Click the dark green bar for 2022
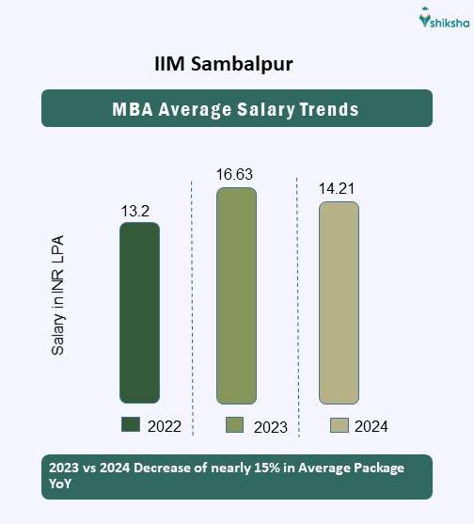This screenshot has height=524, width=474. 139,313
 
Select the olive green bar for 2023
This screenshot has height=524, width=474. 236,296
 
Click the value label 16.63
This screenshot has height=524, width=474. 234,174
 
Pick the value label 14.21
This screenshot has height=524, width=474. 337,189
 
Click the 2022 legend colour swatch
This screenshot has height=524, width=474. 131,425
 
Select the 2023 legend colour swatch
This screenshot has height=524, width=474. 235,425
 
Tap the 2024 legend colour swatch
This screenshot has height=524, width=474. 340,425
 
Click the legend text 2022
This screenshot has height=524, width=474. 166,426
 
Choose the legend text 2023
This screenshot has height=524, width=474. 270,427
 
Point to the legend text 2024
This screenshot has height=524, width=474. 371,426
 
